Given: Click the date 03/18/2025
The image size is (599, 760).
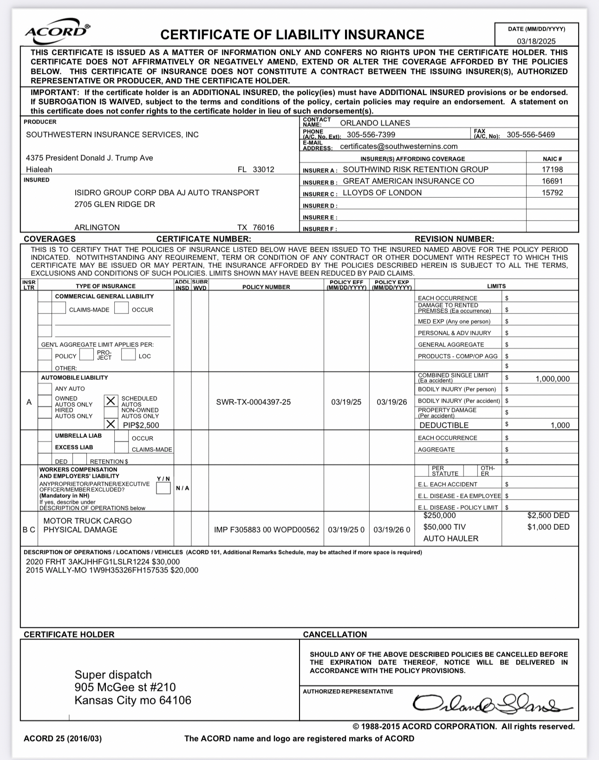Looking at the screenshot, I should point(536,41).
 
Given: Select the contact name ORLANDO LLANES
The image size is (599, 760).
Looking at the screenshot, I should point(375,123).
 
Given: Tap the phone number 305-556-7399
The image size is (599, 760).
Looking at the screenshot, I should point(371,135).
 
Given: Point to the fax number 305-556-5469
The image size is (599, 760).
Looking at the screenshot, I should point(530,135).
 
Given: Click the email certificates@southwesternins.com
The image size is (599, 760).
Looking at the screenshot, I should point(398,146).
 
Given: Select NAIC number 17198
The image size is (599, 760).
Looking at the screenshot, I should point(552,169).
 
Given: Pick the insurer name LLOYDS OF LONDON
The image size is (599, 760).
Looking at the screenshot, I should point(382,193).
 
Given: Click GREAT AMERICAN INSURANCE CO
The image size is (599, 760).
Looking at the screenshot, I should point(408,181).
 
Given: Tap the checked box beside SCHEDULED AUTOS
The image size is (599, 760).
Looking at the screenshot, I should point(111,401).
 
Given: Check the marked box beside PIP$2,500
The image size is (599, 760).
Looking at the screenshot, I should point(111,424).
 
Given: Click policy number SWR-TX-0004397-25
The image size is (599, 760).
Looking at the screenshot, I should point(253,402).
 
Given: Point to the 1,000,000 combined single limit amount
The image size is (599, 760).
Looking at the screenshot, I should point(552,379).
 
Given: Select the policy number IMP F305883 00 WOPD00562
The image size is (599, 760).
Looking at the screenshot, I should point(267,530).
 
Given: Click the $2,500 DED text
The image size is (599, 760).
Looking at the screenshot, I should point(548,515).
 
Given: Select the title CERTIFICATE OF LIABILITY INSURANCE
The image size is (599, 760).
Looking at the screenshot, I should point(292,35).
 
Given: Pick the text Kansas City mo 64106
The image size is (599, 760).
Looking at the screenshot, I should point(133,700).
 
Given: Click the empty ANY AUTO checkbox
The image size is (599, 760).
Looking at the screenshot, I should point(45,389).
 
